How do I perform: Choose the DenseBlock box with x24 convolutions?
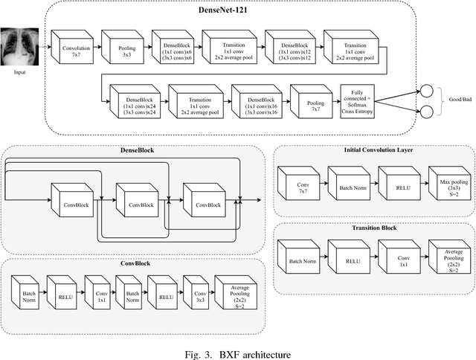coord(133,106)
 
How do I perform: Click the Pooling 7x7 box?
coord(308,106)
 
